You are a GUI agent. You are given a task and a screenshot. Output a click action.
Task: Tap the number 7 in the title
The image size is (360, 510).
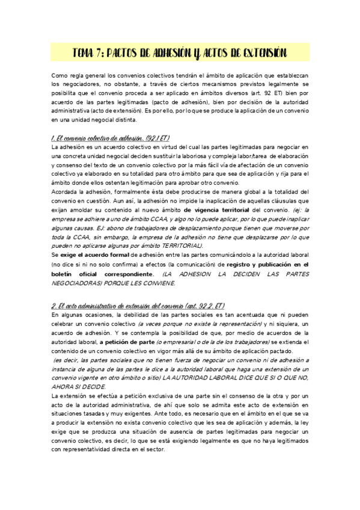[106, 53]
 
